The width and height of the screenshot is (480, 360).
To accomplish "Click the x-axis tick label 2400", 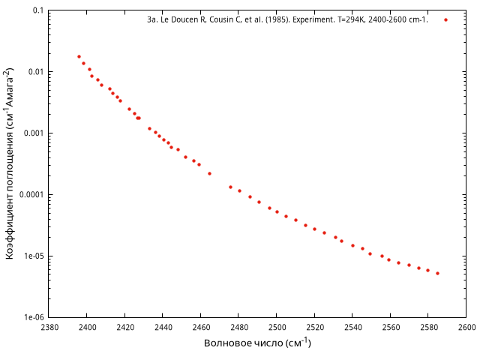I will [x=87, y=328].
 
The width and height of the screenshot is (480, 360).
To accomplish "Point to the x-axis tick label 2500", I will [x=277, y=328].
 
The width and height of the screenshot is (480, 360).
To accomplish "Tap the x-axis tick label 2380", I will [x=49, y=328].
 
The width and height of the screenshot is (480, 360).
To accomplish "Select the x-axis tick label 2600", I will [x=466, y=328].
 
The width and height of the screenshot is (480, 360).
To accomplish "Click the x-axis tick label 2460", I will [x=201, y=328].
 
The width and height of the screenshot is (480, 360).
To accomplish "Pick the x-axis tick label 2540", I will [x=352, y=328].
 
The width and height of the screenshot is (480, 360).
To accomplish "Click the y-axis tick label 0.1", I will [x=37, y=11].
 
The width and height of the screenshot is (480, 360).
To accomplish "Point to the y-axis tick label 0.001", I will [x=31, y=133].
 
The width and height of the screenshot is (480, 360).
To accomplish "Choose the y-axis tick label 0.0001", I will [x=28, y=195].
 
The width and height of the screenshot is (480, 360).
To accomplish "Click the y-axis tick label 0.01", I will [x=34, y=72].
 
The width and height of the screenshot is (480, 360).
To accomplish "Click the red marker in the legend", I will [x=445, y=19].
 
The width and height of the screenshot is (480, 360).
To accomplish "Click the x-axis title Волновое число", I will [x=257, y=343].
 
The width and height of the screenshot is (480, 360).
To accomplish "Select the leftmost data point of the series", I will [x=79, y=56].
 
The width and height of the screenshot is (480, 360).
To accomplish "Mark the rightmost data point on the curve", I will [x=437, y=273].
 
